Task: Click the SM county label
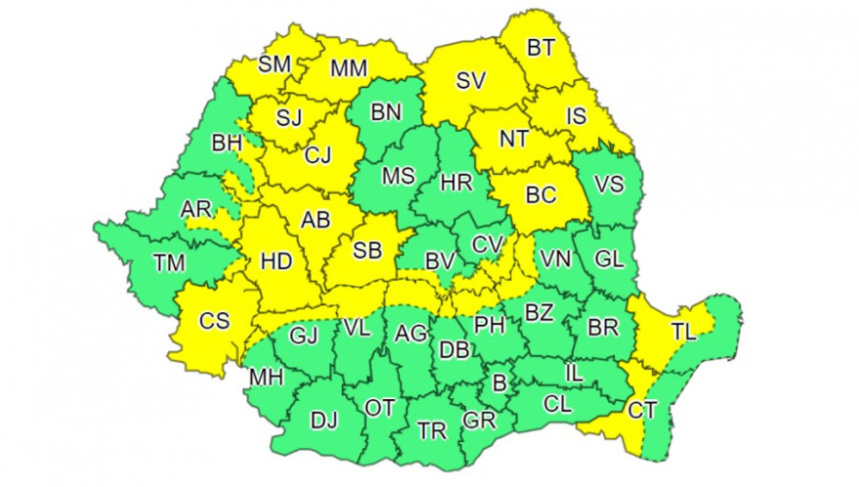point(275,65)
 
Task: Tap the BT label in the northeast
point(540,47)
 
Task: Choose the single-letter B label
point(499,385)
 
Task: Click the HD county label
point(276,263)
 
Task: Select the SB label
point(367,251)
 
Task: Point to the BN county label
point(386,112)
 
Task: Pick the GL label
point(609,260)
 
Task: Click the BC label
point(540,194)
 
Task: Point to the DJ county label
point(323,421)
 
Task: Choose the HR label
point(457,182)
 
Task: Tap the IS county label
point(577,118)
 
